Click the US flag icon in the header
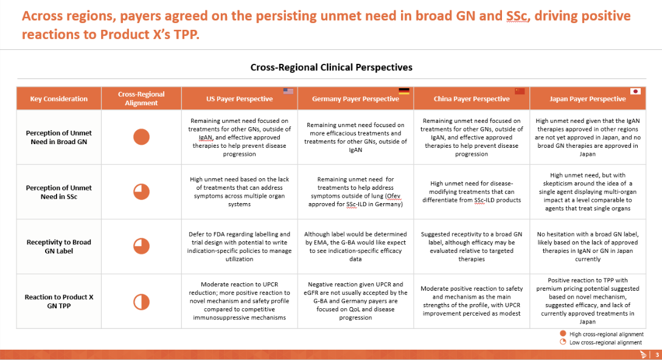point(288,91)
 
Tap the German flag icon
point(404,91)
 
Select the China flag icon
point(520,91)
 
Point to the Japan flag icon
point(635,91)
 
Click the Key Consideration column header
point(58,99)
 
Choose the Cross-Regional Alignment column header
point(141,99)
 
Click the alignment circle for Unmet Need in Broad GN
point(141,137)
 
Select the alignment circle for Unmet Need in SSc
point(141,192)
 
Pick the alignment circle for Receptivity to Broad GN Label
point(141,246)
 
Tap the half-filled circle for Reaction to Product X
point(141,302)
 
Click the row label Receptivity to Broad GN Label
point(58,246)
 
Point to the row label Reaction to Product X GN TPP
point(58,302)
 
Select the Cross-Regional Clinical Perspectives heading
point(332,67)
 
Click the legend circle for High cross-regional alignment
point(563,333)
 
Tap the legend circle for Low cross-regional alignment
point(563,342)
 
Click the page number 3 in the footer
point(657,355)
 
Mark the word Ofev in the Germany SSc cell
point(394,196)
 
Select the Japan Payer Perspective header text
point(588,99)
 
